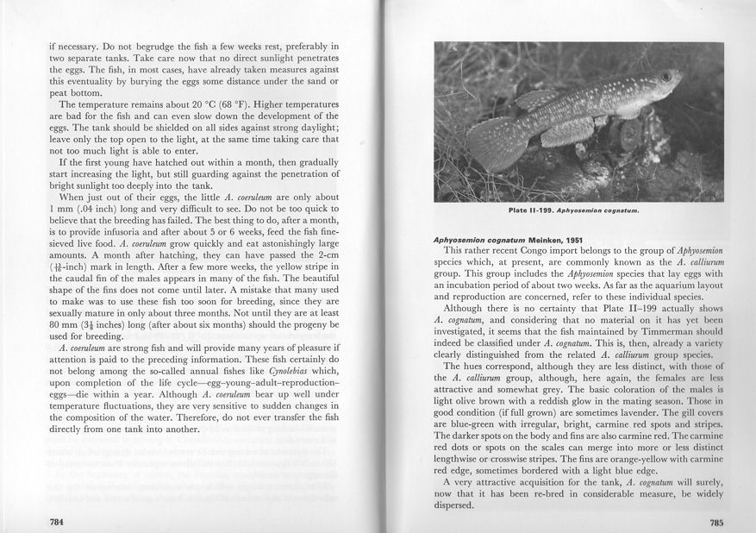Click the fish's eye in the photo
tap(666, 79)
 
